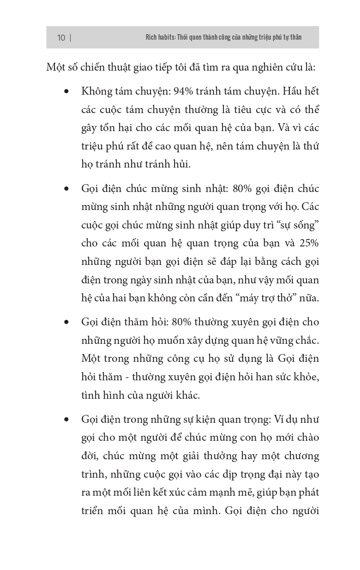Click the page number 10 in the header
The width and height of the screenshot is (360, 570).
coord(61,37)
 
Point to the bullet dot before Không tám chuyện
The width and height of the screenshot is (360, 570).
coord(67,91)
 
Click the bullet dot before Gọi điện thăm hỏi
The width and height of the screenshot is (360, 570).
coord(67,322)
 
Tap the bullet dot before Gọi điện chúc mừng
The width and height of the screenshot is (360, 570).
coord(67,189)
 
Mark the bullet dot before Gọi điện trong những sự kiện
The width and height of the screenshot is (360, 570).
coord(67,420)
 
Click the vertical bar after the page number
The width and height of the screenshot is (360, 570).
coord(70,37)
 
